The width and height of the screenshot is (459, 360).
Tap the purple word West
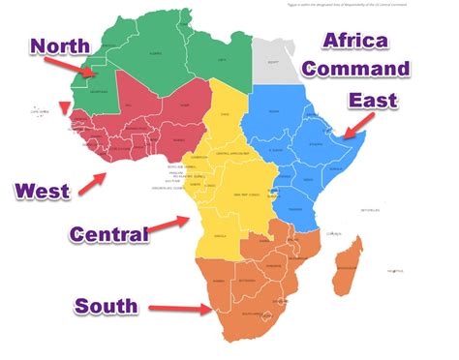tap(41, 191)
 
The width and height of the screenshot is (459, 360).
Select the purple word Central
tap(109, 233)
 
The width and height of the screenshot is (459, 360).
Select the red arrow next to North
tap(76, 68)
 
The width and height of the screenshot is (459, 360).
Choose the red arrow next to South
tap(189, 310)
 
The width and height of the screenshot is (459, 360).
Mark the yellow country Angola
tap(226, 235)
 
